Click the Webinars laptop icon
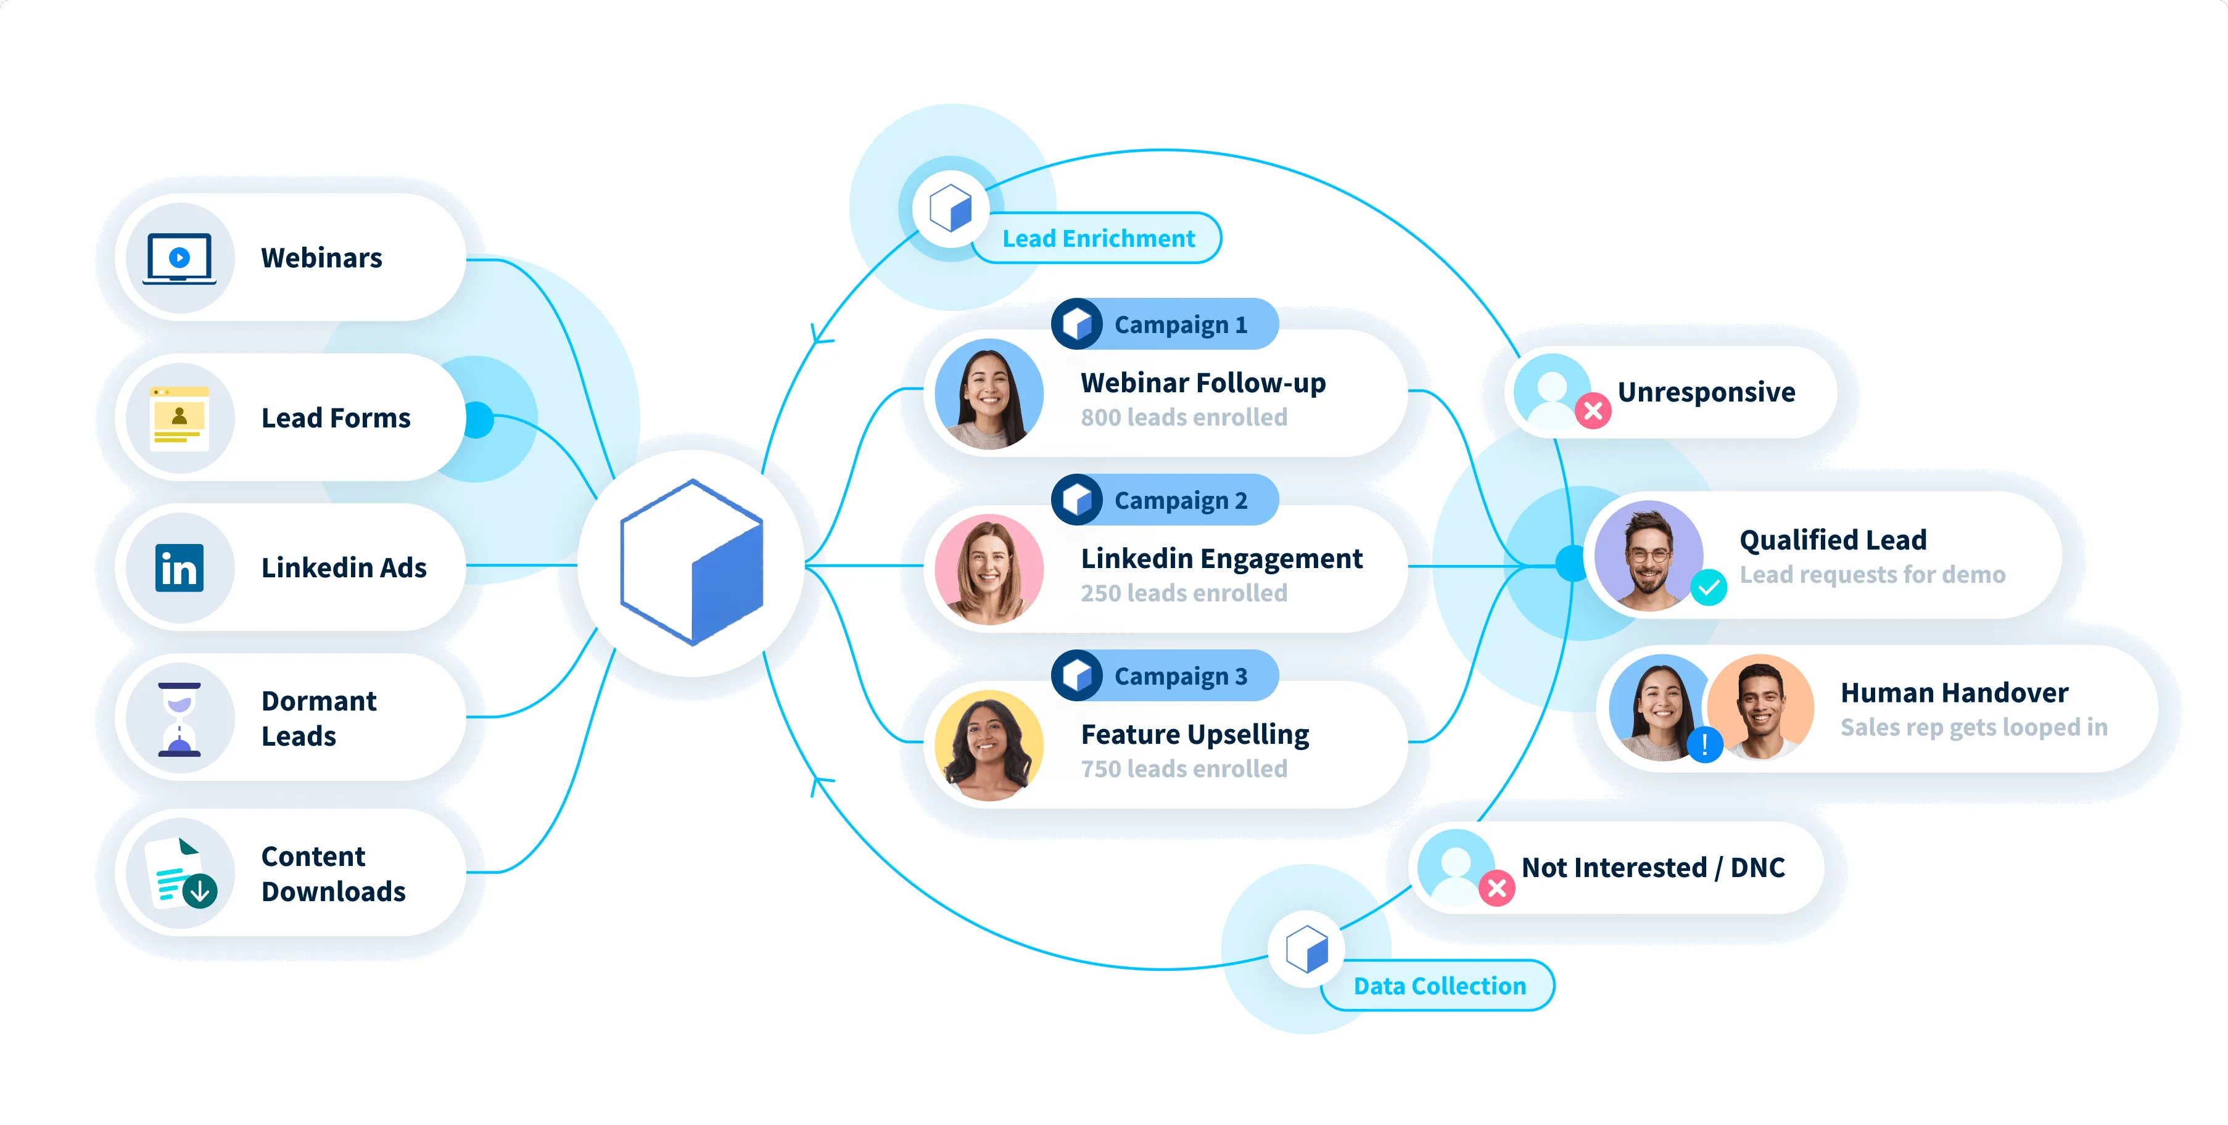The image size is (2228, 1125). pos(179,258)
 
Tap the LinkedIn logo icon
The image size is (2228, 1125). pos(179,568)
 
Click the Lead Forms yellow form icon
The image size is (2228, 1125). pos(179,418)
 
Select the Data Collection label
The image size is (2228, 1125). pos(1438,986)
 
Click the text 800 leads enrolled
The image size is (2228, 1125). pos(1183,418)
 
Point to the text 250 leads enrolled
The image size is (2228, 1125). pos(1183,593)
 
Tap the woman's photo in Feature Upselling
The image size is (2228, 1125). pos(989,746)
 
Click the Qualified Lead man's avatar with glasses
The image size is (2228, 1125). pos(1648,556)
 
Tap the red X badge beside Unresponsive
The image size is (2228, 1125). pos(1592,411)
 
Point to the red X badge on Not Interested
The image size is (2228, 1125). pos(1496,888)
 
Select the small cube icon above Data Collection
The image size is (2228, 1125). pos(1306,949)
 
